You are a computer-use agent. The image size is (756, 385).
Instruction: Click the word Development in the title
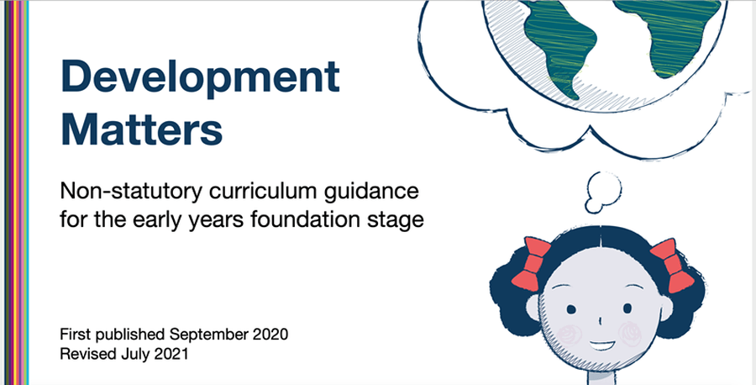(200, 78)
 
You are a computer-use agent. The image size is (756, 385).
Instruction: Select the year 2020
(271, 334)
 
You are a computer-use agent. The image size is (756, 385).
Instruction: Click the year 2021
(171, 354)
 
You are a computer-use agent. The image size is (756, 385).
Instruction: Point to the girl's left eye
(571, 309)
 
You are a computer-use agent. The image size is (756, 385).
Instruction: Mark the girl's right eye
(627, 308)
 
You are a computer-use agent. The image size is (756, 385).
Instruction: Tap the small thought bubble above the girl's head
(602, 192)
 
